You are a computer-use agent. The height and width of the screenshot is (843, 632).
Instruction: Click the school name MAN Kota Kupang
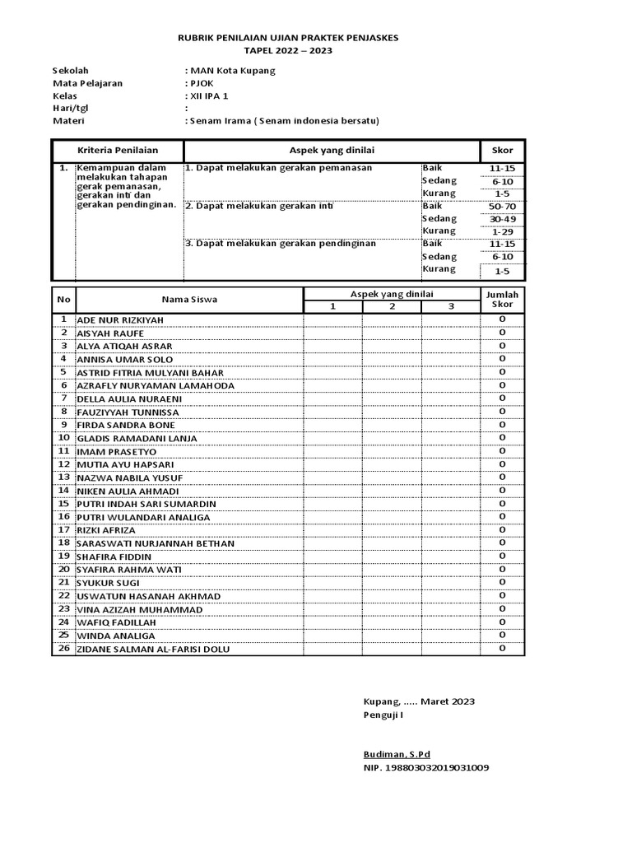pos(233,71)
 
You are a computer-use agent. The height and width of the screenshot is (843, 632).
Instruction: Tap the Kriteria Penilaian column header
pos(118,151)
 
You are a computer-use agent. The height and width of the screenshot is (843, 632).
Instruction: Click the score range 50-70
pos(502,207)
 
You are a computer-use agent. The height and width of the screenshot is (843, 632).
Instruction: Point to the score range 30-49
pos(502,220)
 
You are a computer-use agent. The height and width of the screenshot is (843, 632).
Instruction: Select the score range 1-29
pos(502,232)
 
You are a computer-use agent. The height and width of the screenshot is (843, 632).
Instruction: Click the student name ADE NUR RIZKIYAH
pos(120,320)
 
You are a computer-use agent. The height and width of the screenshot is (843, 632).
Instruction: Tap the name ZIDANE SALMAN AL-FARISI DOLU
pos(153,650)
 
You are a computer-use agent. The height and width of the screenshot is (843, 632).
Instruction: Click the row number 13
pos(63,477)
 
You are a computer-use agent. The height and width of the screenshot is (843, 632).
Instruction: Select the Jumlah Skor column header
pos(502,300)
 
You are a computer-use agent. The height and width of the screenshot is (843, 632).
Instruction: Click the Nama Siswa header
pos(189,300)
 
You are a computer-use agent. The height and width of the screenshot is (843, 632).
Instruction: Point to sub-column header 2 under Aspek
pos(393,307)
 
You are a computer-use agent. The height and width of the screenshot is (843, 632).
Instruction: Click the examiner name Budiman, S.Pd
pos(397,754)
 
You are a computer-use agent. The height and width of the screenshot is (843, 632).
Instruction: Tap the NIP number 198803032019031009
pos(425,767)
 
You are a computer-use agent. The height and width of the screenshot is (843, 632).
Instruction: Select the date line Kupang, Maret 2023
pos(419,701)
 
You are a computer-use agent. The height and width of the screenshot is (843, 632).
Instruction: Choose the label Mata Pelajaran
pos(88,83)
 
